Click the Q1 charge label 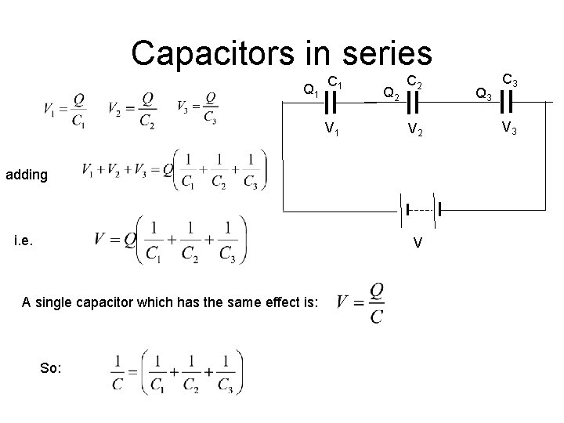click(310, 91)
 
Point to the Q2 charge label click(391, 94)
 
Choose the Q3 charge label click(484, 95)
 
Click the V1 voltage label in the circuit click(332, 129)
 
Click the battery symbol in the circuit click(421, 210)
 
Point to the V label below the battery click(419, 242)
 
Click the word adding click(26, 175)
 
